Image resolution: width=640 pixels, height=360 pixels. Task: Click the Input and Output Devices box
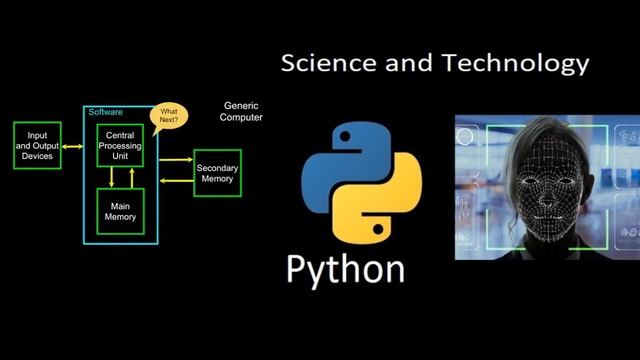[x=38, y=145]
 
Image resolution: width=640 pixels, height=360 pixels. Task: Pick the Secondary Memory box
[x=217, y=172]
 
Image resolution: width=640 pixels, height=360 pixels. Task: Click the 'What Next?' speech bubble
[x=169, y=117]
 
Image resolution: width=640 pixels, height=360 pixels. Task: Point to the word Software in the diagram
[x=106, y=111]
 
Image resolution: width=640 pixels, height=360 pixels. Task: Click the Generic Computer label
[x=241, y=111]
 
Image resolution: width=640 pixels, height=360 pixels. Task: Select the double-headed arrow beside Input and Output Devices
[x=72, y=146]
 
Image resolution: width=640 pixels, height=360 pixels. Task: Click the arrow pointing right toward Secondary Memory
[x=176, y=159]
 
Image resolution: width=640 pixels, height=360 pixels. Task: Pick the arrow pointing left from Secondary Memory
[x=176, y=180]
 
